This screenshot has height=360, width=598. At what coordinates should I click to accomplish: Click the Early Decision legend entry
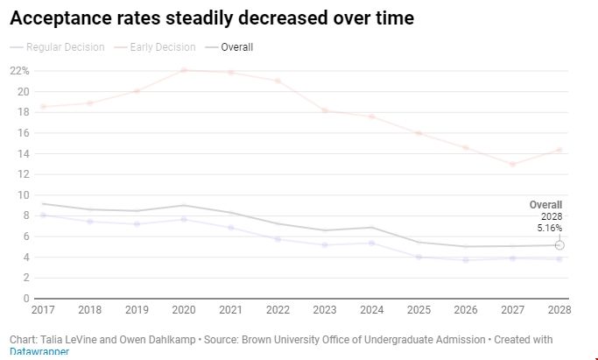pos(158,47)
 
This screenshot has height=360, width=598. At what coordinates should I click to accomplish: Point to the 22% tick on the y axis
pos(19,71)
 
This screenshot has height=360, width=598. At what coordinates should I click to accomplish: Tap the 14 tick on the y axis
pos(24,153)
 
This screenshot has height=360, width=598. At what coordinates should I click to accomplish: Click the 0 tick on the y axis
pos(26,299)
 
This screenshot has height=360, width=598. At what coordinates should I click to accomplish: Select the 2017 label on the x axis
pos(42,310)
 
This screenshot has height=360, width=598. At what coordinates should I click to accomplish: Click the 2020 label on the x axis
pos(183,310)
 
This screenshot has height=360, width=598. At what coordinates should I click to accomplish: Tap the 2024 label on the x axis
pos(371,310)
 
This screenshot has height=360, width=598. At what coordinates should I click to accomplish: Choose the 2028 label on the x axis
pos(559,310)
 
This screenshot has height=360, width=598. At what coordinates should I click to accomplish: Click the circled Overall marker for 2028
pos(559,245)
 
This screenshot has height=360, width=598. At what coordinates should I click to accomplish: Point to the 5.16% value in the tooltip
pos(548,227)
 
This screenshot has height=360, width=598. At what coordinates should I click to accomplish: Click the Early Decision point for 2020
pos(183,70)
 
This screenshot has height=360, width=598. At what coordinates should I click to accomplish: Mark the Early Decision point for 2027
pos(512,164)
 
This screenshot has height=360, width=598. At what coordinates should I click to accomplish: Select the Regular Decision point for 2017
pos(42,215)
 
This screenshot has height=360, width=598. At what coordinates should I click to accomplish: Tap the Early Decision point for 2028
pos(559,150)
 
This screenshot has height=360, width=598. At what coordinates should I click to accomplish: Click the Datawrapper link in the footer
pos(39,352)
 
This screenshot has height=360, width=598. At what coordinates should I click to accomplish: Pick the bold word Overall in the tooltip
pos(545,205)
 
